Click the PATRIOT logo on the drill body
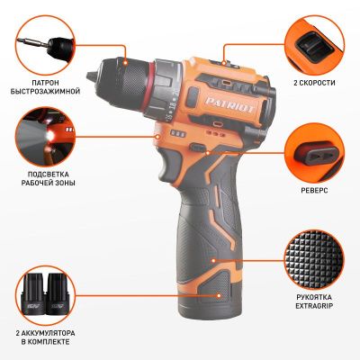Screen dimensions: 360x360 pos(230,104)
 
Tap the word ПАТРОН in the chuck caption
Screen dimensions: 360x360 pos(45,83)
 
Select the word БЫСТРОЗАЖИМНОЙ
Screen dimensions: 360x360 pos(45,91)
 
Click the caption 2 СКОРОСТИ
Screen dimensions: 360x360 pos(314,83)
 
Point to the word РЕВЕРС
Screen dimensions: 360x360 pos(314,191)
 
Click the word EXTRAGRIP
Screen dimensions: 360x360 pos(314,306)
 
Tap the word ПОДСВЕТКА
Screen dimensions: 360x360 pos(48,175)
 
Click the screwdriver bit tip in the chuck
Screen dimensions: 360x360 pos(90,76)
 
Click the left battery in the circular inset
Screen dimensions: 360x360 pos(33,294)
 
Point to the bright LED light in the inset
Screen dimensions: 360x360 pos(49,136)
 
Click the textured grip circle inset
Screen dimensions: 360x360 pos(314,259)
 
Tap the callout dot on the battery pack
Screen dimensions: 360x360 pos(219,295)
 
